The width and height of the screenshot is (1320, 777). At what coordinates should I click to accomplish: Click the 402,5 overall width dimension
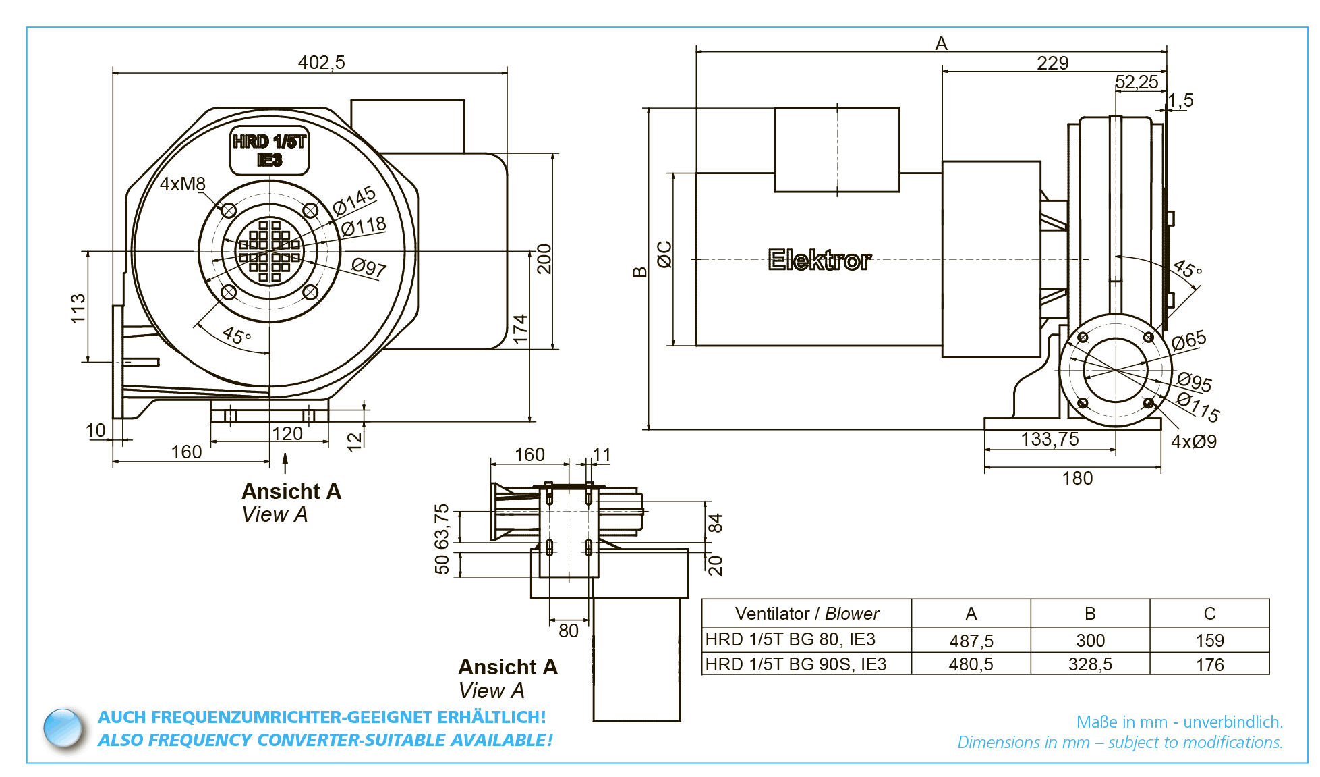[x=321, y=62]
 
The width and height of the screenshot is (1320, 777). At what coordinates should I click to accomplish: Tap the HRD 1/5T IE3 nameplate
[x=269, y=151]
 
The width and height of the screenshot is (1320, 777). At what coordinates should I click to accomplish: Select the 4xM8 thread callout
[x=182, y=184]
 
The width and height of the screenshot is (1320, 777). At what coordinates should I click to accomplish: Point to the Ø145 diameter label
[x=354, y=200]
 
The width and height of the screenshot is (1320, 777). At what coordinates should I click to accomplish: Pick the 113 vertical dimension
[x=78, y=308]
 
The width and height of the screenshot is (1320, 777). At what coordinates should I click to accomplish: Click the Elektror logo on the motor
[x=820, y=260]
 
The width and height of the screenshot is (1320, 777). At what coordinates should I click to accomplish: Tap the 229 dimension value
[x=1052, y=63]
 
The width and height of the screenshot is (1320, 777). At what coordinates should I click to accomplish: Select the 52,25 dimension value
[x=1137, y=82]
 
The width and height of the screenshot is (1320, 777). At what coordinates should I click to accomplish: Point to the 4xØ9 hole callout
[x=1194, y=441]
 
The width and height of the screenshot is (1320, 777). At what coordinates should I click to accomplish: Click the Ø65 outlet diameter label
[x=1188, y=340]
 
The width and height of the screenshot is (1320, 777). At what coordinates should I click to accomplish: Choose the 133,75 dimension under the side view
[x=1050, y=439]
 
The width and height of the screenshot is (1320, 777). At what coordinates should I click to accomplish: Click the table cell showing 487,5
[x=971, y=641]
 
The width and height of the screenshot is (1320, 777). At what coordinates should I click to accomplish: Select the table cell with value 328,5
[x=1090, y=664]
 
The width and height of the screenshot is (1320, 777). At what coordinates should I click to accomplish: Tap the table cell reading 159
[x=1209, y=641]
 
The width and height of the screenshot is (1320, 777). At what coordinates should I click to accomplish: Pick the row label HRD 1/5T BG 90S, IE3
[x=796, y=664]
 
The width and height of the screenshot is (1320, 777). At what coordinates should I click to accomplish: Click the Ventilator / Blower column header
[x=807, y=614]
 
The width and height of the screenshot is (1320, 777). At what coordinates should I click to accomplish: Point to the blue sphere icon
[x=63, y=728]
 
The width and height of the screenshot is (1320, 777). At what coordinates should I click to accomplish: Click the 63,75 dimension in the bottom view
[x=442, y=527]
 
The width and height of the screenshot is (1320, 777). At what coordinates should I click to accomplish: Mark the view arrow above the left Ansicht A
[x=285, y=463]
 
